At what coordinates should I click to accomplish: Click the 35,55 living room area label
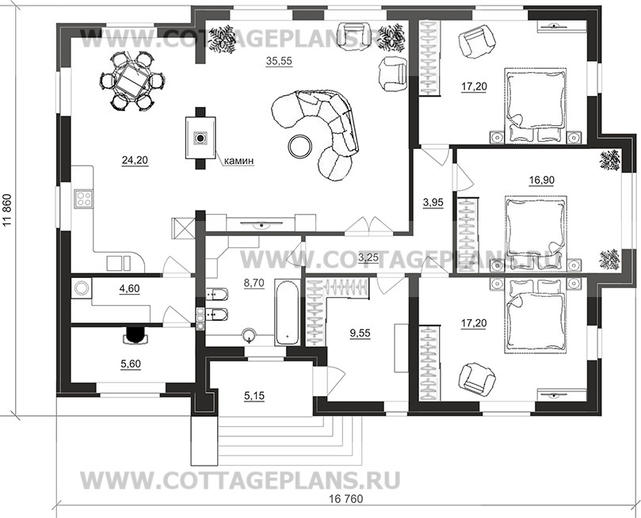point(279,61)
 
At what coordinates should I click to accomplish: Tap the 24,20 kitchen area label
point(135,160)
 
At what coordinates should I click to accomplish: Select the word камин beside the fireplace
point(239,161)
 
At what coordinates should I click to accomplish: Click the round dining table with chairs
point(132,80)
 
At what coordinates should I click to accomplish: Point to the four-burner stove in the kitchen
point(84,200)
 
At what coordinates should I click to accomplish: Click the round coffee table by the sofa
point(300,146)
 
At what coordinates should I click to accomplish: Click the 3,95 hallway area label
point(433,202)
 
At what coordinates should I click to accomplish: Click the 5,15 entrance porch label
point(254,395)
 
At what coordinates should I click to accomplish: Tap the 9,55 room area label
point(360,333)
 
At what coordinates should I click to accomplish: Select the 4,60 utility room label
point(129,289)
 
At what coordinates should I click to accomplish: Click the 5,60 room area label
point(131,364)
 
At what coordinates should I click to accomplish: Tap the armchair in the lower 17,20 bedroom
point(477,378)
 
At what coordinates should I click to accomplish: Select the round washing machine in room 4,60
point(82,288)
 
